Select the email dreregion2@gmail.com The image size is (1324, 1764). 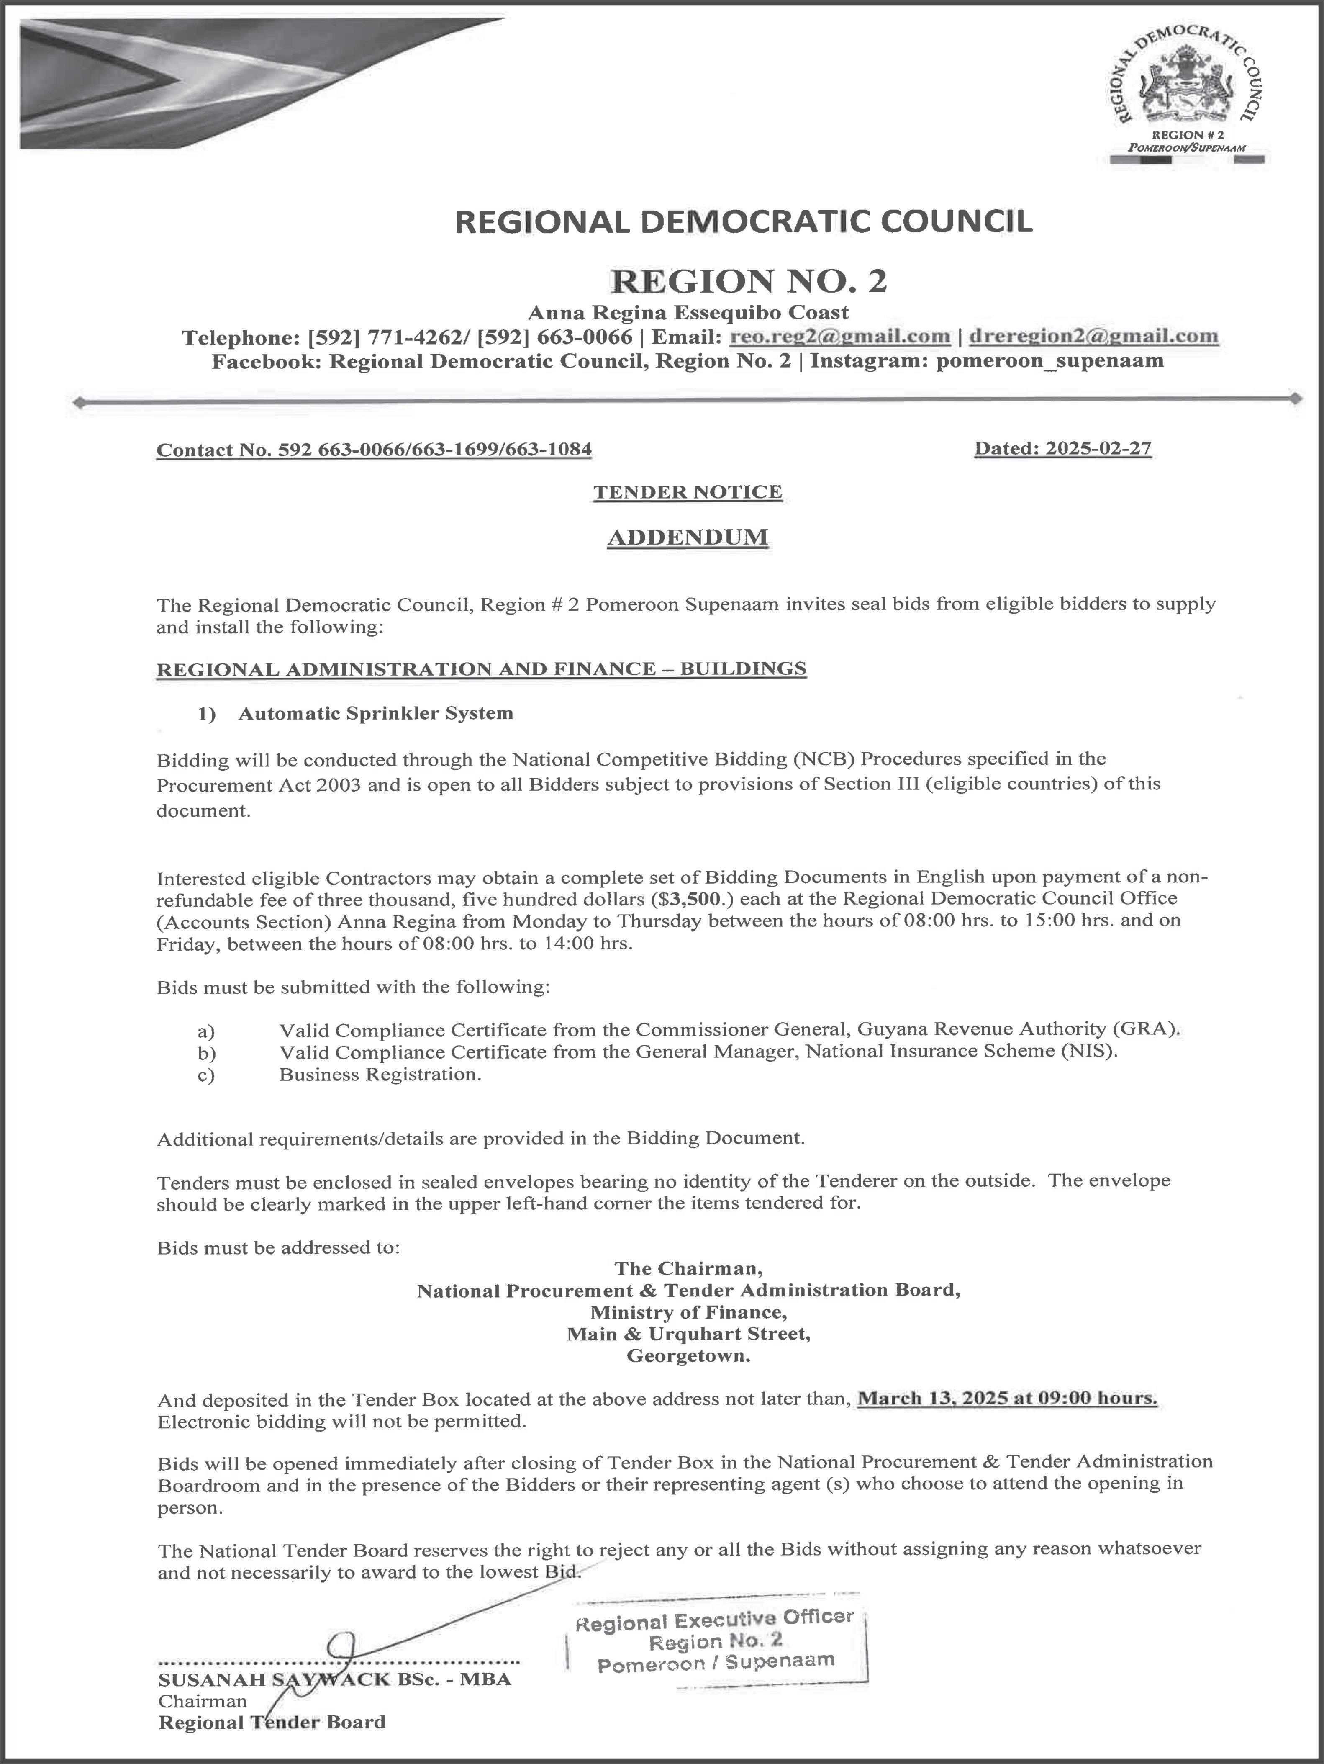pyautogui.click(x=1093, y=337)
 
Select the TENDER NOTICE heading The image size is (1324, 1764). pyautogui.click(x=687, y=492)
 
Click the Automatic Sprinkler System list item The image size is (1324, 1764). pyautogui.click(x=375, y=713)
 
